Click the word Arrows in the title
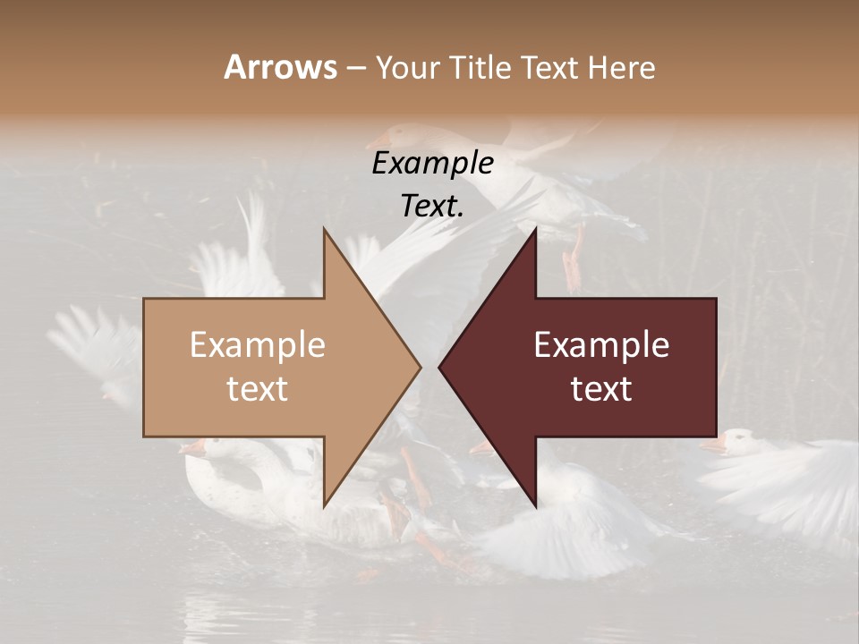(x=280, y=67)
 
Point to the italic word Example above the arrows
(x=432, y=164)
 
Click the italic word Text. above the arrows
(x=432, y=206)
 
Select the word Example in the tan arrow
(x=257, y=345)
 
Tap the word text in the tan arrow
(x=257, y=389)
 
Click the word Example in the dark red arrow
(x=601, y=345)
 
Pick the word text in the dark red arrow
(x=601, y=389)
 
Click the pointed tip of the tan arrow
(x=419, y=367)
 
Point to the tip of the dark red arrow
(x=440, y=367)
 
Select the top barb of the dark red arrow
(x=534, y=231)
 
